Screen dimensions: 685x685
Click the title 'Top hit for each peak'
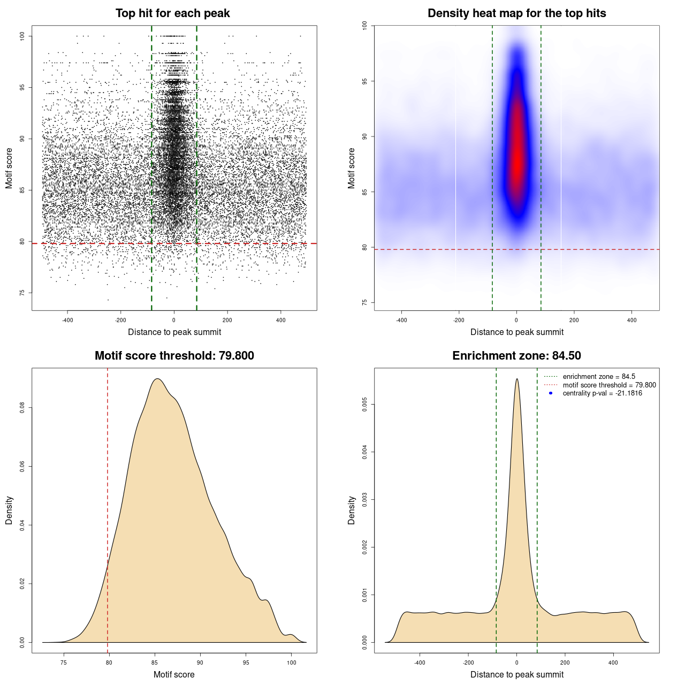pos(172,13)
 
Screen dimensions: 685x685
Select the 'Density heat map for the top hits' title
pos(516,13)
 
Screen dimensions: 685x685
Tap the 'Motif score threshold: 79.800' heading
pos(174,356)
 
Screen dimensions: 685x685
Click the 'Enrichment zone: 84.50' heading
pos(516,356)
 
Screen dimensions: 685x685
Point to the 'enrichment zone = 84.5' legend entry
pos(599,377)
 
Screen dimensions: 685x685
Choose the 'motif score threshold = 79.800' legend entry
pos(609,385)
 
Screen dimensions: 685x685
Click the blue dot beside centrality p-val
pos(551,393)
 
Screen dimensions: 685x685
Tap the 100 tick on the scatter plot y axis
pos(22,36)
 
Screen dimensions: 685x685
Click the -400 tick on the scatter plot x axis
pos(67,320)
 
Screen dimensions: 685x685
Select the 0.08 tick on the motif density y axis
pos(22,408)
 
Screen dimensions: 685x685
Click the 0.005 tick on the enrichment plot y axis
pos(365,405)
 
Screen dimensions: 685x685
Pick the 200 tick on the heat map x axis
pos(574,320)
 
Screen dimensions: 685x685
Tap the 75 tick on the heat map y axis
pos(365,302)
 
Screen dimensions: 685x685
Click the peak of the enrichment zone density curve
pos(516,379)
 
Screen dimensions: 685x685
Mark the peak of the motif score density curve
pos(157,379)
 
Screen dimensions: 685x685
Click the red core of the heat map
pos(516,155)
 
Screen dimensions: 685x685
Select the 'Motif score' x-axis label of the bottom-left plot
pos(174,674)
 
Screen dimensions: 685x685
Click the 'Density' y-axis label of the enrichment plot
pos(352,510)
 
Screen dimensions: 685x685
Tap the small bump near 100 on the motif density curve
pos(291,635)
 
